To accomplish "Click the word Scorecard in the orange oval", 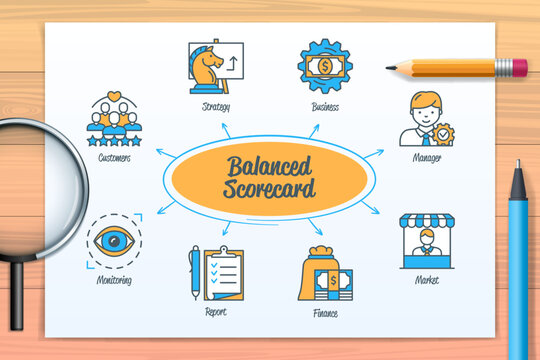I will [x=270, y=188].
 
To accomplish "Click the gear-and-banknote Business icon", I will [x=325, y=65].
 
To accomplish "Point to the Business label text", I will [x=325, y=106].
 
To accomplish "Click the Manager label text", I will [x=427, y=158].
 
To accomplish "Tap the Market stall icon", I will [x=427, y=241].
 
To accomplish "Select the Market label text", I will [x=427, y=280].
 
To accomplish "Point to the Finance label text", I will [x=325, y=313].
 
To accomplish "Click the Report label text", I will [x=215, y=312].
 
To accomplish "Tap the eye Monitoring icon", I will [x=113, y=241].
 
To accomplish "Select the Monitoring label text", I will [x=113, y=280].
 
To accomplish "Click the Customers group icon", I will [x=114, y=120].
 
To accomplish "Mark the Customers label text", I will [x=114, y=158].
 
